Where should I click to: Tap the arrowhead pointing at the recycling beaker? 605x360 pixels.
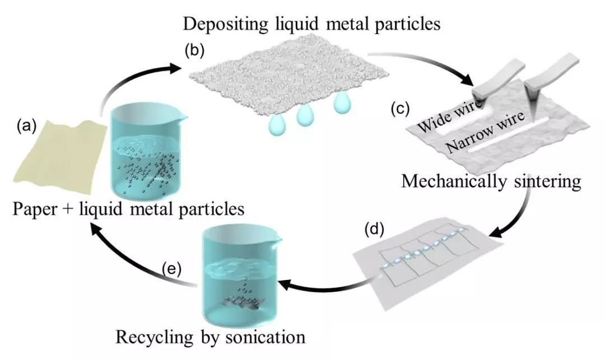click(x=285, y=285)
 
